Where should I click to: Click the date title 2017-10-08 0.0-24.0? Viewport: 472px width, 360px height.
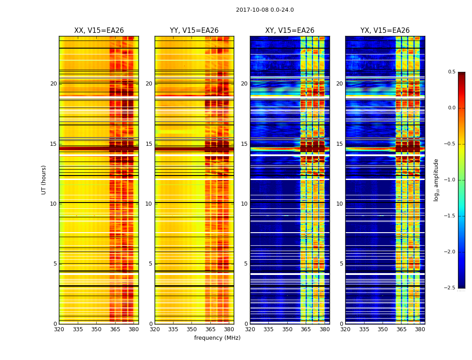[265, 10]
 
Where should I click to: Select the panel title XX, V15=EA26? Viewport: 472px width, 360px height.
[99, 31]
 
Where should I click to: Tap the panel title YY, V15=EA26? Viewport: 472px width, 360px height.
[194, 31]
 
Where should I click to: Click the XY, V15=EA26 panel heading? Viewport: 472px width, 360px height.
[289, 31]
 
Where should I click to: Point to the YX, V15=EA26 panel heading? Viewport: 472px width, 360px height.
[385, 31]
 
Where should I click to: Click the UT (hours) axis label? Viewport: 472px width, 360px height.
[44, 180]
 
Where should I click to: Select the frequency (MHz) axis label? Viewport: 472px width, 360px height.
[217, 338]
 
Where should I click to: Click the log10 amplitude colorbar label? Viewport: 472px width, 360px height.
[436, 180]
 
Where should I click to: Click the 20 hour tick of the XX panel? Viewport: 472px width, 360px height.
[53, 84]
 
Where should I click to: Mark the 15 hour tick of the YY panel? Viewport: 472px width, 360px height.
[149, 144]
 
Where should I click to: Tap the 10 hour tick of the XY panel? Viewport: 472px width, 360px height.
[244, 204]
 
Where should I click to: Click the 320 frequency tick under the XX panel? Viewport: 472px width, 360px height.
[59, 329]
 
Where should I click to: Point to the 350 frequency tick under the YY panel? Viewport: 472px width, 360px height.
[192, 329]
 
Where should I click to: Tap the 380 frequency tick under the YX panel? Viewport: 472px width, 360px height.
[420, 329]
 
